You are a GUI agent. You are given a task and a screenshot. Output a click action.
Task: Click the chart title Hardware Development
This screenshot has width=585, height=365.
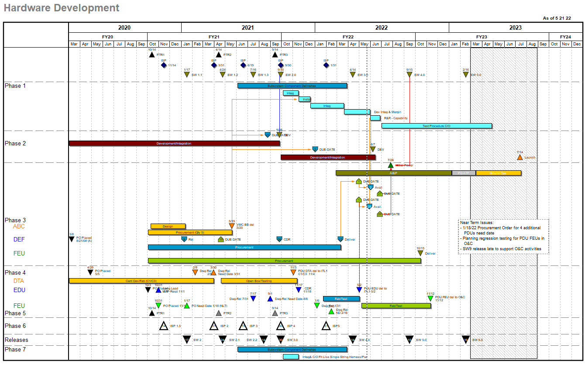pyautogui.click(x=62, y=8)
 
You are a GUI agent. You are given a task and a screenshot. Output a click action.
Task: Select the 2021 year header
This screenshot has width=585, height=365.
pyautogui.click(x=248, y=28)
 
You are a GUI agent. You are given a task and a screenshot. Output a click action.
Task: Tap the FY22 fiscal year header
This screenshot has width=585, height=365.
pyautogui.click(x=348, y=37)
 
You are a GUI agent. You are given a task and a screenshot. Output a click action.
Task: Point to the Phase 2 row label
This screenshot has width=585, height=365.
pyautogui.click(x=15, y=143)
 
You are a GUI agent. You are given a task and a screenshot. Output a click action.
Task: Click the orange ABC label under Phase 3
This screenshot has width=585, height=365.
pyautogui.click(x=19, y=226)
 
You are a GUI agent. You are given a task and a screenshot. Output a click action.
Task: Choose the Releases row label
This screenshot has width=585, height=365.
pyautogui.click(x=17, y=340)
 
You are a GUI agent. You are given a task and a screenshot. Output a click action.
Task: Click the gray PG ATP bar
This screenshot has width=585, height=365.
pyautogui.click(x=463, y=173)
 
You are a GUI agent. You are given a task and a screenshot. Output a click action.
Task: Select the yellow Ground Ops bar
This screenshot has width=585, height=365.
pyautogui.click(x=498, y=173)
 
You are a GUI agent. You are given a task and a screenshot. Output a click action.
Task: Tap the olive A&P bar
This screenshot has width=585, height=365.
pyautogui.click(x=393, y=173)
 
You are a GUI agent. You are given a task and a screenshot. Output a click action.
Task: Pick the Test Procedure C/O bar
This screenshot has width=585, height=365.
pyautogui.click(x=437, y=126)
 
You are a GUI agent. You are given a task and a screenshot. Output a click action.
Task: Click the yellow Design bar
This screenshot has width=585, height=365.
pyautogui.click(x=168, y=226)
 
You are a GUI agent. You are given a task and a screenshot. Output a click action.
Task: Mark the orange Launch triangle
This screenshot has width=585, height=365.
pyautogui.click(x=520, y=157)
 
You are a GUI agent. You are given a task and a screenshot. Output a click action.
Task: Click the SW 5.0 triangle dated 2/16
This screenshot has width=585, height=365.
pyautogui.click(x=466, y=75)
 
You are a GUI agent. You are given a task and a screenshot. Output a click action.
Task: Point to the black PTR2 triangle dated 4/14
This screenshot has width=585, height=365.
pyautogui.click(x=218, y=55)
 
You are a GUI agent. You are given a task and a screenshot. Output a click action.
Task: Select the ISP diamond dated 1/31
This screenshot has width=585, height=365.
pyautogui.click(x=326, y=65)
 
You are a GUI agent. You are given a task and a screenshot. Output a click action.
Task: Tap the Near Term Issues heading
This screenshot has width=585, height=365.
pyautogui.click(x=477, y=222)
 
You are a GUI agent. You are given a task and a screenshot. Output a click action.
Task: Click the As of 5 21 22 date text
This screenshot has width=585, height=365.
pyautogui.click(x=557, y=18)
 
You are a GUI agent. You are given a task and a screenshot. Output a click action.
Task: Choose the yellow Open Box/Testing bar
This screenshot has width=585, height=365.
pyautogui.click(x=259, y=281)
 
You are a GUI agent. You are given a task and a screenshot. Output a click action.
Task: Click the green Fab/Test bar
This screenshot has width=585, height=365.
pyautogui.click(x=396, y=306)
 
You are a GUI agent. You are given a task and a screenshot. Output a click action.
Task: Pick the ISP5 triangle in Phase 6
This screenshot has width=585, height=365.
pyautogui.click(x=326, y=326)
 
